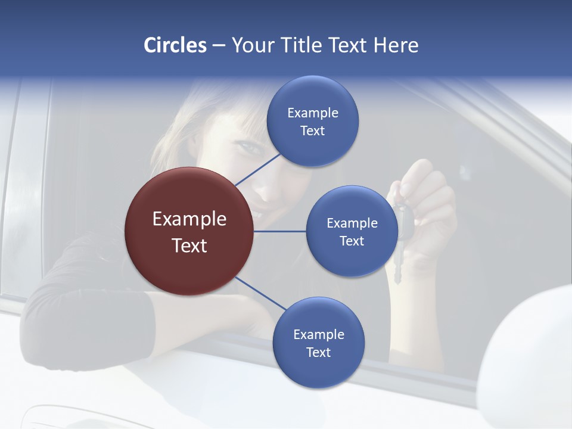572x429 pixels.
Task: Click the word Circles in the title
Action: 175,45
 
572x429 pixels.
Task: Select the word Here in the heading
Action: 396,45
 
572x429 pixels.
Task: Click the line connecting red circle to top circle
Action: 258,169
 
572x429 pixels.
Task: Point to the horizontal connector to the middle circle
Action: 279,231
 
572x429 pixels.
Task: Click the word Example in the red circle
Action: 189,219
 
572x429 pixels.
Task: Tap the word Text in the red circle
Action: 189,245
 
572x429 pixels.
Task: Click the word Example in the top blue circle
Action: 312,113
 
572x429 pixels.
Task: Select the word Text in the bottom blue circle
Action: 318,352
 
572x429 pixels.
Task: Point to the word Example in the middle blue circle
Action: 352,223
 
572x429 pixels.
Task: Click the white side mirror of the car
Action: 530,363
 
